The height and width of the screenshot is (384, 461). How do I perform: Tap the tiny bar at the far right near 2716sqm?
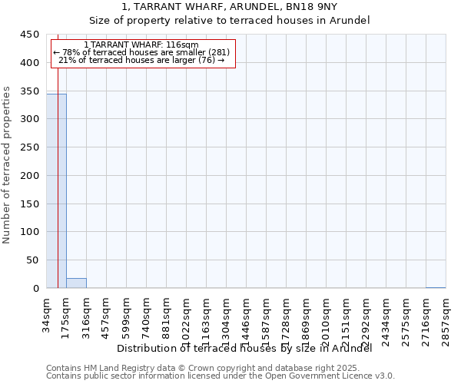[436, 287]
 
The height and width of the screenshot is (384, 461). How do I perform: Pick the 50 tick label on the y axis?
[32, 260]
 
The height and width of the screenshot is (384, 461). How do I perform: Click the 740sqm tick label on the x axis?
[147, 314]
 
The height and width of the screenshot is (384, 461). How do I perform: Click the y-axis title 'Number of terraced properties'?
[8, 164]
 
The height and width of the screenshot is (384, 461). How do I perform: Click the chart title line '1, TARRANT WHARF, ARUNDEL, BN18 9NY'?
[230, 7]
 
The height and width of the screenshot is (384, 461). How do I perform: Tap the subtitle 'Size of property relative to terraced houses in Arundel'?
[230, 21]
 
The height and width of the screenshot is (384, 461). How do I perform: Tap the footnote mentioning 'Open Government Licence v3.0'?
[221, 376]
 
